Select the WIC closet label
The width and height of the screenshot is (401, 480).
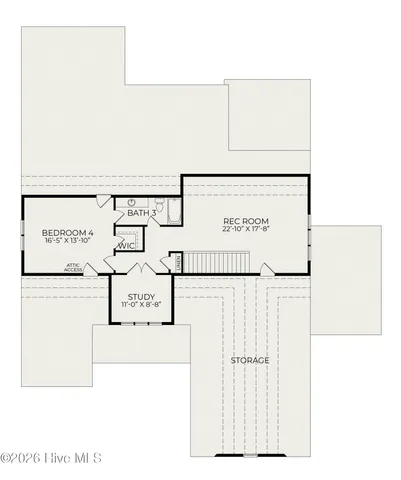tap(128, 245)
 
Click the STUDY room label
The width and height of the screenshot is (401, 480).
tap(141, 296)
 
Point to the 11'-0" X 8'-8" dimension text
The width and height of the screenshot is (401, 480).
tap(141, 306)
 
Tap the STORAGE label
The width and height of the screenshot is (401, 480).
tap(250, 360)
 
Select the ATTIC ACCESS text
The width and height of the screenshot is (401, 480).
tap(74, 267)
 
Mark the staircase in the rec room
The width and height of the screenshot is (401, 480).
tap(216, 262)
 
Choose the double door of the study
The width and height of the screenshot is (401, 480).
tap(141, 270)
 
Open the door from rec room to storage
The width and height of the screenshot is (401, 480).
tap(265, 268)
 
